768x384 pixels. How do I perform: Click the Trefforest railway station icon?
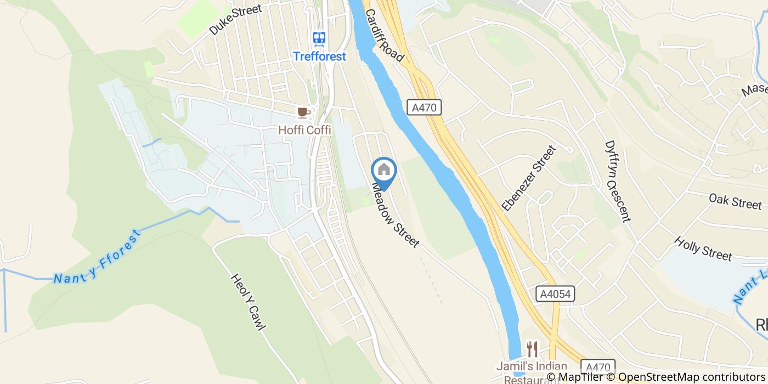tap(319, 38)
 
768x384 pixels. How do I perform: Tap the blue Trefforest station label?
tap(319, 56)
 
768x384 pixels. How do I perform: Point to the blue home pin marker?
tap(384, 172)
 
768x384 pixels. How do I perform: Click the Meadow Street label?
tap(395, 215)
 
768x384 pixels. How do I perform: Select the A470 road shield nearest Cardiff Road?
tap(425, 108)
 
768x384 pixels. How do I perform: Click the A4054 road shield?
tap(555, 294)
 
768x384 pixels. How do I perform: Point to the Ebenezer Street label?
tap(529, 178)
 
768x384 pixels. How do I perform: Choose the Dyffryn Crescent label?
tap(617, 182)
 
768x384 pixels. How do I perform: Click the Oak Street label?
tap(735, 201)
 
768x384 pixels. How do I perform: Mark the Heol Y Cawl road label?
tap(249, 302)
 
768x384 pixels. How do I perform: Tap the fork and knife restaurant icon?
tap(532, 348)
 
